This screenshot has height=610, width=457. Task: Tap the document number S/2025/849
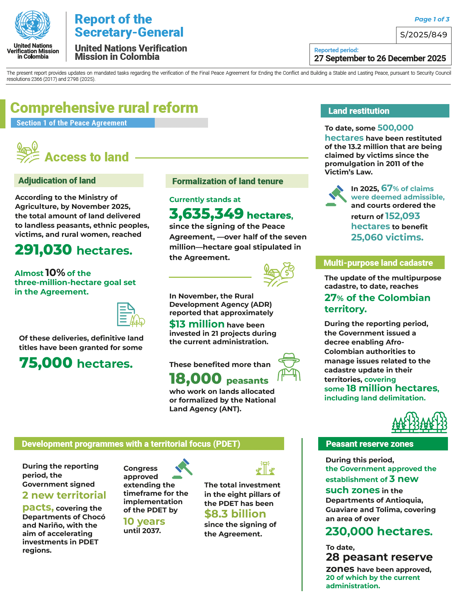424,35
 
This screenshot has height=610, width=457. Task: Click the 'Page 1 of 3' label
432,19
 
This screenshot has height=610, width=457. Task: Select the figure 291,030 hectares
74,250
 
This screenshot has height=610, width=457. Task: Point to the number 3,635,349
206,214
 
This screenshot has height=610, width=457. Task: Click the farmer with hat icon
289,367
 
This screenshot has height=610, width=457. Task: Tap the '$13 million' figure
197,324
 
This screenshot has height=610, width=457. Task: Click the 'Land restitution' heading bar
385,111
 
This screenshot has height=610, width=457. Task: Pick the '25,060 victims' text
387,238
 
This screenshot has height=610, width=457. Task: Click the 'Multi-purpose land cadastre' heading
379,263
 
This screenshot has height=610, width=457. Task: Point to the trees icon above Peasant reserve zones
419,423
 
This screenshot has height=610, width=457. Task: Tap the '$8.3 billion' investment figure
235,514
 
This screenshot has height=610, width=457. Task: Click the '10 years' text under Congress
144,522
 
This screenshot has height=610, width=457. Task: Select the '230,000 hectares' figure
379,531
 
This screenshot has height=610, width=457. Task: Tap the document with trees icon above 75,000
130,314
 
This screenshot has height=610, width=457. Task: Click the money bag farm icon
278,275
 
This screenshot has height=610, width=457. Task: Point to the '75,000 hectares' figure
76,363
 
